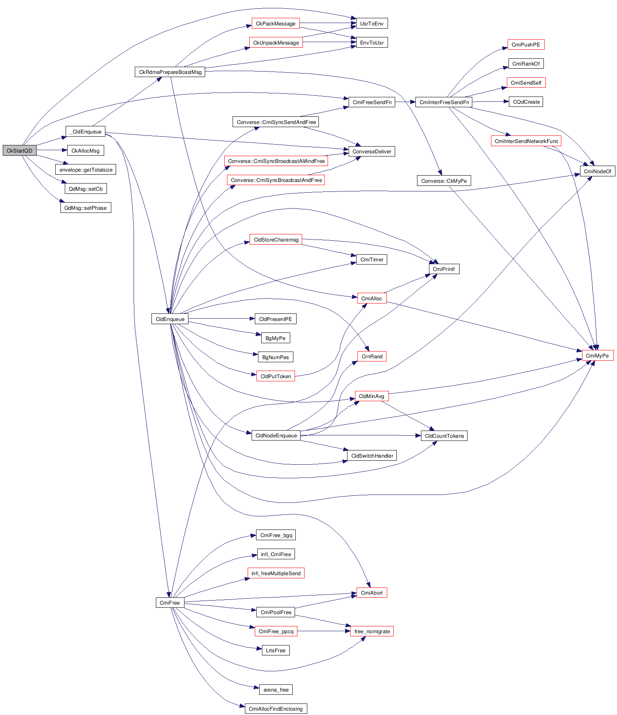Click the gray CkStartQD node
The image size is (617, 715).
19,151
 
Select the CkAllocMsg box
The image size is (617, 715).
85,151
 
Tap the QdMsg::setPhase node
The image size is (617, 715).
85,208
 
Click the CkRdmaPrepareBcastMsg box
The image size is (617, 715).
170,72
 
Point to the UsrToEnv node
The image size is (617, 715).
372,23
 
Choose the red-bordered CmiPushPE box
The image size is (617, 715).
526,44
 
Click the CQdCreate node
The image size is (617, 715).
526,102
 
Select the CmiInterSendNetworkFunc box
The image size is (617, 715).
526,141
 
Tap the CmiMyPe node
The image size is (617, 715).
598,356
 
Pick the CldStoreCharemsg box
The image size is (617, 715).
276,240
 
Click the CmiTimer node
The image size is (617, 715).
372,259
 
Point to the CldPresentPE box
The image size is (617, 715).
276,319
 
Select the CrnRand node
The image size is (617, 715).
372,356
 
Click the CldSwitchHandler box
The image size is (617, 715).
372,456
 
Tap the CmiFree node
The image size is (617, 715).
170,603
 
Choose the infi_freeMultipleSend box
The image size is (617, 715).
276,573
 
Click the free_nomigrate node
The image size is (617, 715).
372,631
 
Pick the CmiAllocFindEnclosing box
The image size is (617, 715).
276,709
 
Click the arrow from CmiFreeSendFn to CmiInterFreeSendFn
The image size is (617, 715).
405,102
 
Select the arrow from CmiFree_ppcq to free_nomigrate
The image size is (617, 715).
324,631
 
